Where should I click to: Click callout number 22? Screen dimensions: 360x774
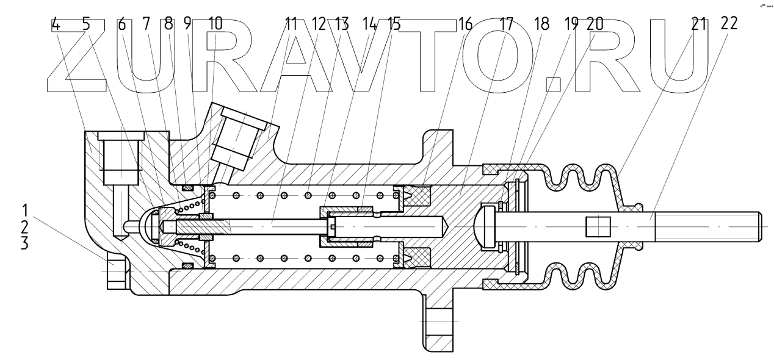728,24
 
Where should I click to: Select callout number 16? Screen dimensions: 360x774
465,24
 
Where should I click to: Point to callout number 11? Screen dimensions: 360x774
291,24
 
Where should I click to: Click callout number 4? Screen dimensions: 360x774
56,24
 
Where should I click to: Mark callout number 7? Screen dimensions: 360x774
145,24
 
